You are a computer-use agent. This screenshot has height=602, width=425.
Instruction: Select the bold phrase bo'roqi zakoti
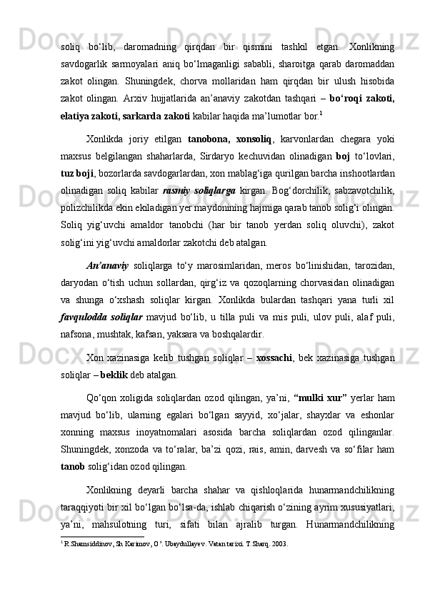pyautogui.click(x=363, y=97)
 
